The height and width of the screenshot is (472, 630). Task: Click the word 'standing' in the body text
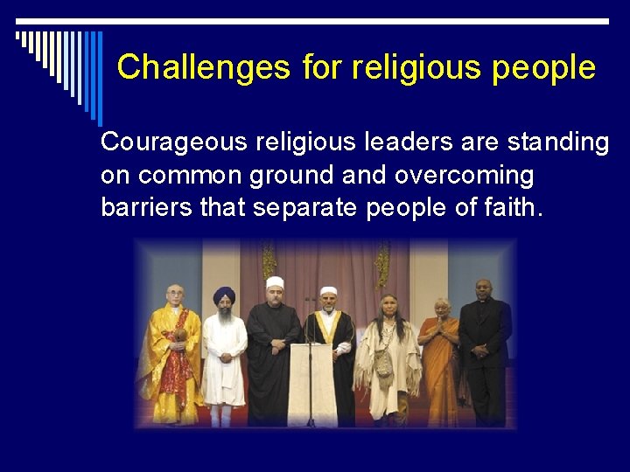(556, 142)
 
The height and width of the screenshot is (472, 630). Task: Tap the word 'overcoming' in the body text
(464, 175)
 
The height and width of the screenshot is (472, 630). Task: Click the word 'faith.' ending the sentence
(514, 209)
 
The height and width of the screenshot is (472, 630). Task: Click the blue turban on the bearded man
(225, 295)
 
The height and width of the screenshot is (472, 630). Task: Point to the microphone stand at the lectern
(310, 350)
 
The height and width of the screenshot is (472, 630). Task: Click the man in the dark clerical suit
(483, 350)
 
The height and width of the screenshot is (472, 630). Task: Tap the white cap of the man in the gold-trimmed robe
(328, 291)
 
